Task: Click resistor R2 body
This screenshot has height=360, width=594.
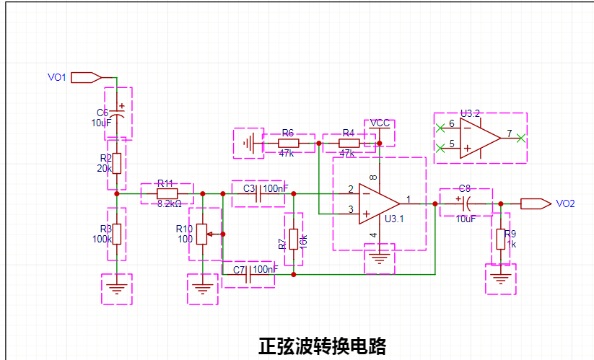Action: (x=117, y=163)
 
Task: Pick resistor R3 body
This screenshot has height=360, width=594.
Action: (x=117, y=234)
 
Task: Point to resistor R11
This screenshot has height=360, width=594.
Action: (x=167, y=193)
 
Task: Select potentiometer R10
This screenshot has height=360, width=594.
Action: (x=202, y=232)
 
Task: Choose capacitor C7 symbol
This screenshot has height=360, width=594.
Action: (x=248, y=274)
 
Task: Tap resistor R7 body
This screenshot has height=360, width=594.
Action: (x=294, y=239)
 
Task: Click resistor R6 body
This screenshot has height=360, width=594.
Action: (x=288, y=144)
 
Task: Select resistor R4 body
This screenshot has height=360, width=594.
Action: (x=349, y=144)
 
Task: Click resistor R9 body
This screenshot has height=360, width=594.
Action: (x=500, y=239)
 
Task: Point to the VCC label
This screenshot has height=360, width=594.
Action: (x=380, y=123)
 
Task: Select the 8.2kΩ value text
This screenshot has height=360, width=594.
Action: (x=170, y=204)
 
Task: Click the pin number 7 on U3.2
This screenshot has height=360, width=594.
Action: (x=510, y=133)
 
